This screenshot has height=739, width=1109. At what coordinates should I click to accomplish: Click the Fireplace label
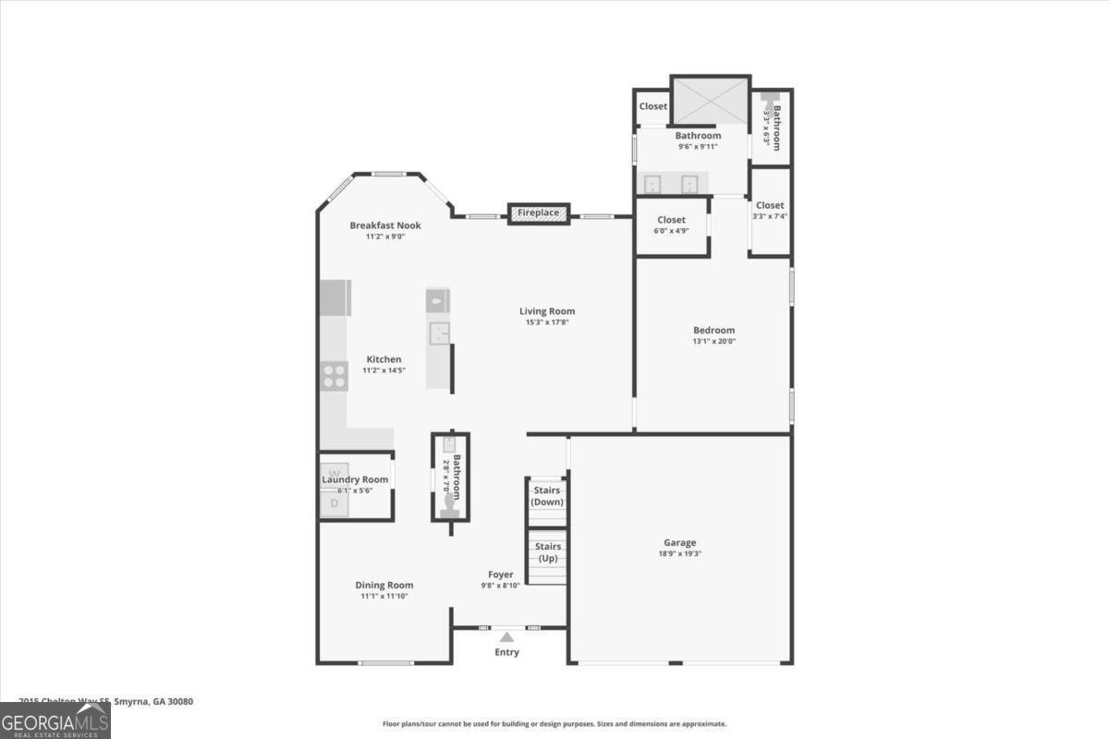(x=538, y=213)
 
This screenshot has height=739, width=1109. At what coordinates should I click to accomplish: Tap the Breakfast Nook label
(x=384, y=225)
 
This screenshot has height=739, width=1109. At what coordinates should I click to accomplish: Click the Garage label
(x=679, y=542)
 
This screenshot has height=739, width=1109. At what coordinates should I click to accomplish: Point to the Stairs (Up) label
(x=547, y=552)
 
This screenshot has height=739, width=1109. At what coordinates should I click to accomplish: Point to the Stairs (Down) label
(x=547, y=496)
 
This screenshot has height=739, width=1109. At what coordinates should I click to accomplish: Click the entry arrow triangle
(x=506, y=636)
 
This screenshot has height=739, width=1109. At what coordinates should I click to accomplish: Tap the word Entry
(x=506, y=652)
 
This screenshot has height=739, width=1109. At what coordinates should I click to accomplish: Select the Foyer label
(x=501, y=575)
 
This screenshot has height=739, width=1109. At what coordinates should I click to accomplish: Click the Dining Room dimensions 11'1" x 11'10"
(x=384, y=597)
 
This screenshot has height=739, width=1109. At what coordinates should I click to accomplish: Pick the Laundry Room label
(x=355, y=479)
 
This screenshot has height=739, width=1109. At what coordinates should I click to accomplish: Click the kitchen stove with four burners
(x=334, y=375)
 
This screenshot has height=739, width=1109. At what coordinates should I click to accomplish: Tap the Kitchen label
(x=384, y=359)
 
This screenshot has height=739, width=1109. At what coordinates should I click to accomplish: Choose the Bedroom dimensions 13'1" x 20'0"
(x=714, y=341)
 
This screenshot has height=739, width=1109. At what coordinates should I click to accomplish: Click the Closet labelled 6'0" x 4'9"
(x=672, y=220)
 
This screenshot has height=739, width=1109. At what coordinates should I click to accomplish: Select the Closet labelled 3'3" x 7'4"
(x=770, y=205)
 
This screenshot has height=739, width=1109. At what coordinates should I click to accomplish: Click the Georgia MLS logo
(x=55, y=721)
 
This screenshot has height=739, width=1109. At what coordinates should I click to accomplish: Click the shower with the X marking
(x=710, y=100)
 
